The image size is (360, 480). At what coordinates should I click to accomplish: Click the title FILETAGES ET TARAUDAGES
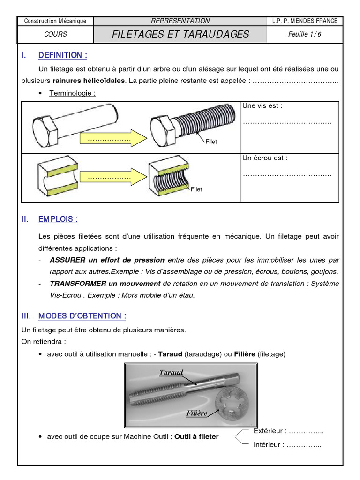[180, 34]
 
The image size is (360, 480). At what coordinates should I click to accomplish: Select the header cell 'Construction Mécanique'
[55, 21]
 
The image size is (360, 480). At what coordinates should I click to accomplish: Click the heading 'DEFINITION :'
[63, 55]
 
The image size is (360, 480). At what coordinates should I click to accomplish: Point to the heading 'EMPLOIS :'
[58, 219]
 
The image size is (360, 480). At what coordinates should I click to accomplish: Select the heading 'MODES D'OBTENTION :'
[82, 316]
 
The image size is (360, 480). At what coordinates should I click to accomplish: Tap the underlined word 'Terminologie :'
[73, 93]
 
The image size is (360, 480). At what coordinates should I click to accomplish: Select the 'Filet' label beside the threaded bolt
[211, 142]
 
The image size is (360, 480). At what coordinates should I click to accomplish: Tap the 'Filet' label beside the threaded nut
[196, 189]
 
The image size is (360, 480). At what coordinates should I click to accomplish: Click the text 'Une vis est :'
[262, 106]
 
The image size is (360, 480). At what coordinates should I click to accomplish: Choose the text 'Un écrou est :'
[265, 158]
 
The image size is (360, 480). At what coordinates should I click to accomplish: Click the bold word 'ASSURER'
[66, 260]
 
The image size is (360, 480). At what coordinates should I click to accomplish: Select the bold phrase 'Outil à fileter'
[196, 436]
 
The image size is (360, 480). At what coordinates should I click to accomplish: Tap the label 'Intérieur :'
[269, 444]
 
